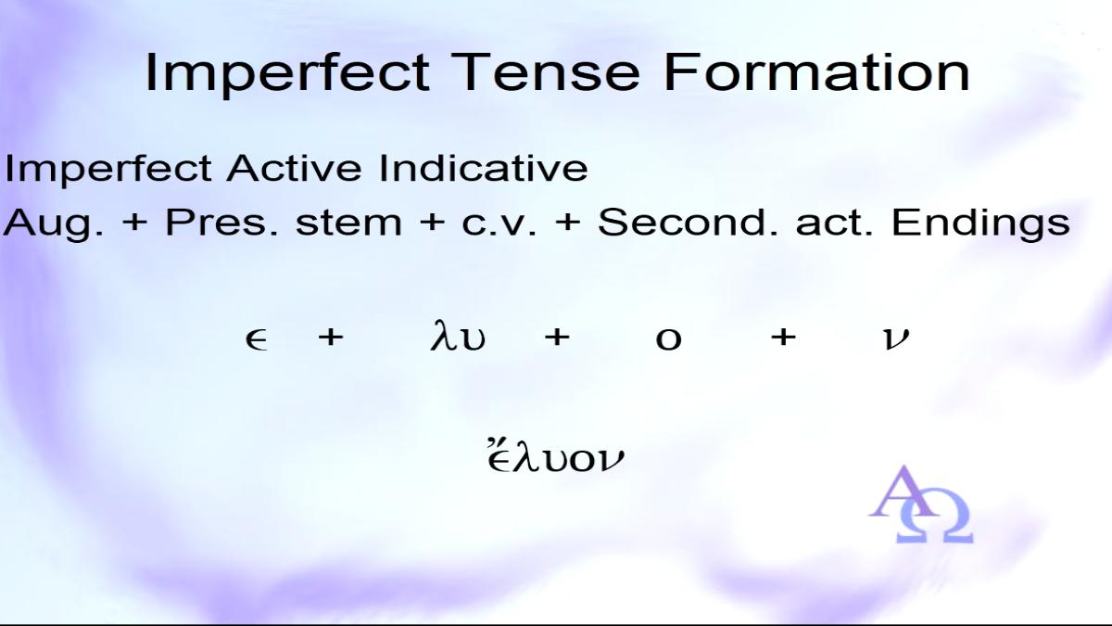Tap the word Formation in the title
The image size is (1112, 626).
point(816,72)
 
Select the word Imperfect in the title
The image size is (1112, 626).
point(287,75)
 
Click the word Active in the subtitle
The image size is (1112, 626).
point(295,168)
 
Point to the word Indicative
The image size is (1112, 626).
point(483,168)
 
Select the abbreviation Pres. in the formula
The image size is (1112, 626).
point(221,222)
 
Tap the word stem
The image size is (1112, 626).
point(348,224)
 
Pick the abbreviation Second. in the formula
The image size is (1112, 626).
point(687,222)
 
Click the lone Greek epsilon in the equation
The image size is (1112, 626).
point(257,340)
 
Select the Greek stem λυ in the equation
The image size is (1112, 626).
point(458,337)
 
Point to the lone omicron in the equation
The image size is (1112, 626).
point(669,339)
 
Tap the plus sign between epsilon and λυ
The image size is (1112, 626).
point(331,338)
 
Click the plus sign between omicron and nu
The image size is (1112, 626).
point(783,338)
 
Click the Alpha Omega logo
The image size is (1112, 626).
point(921,505)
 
